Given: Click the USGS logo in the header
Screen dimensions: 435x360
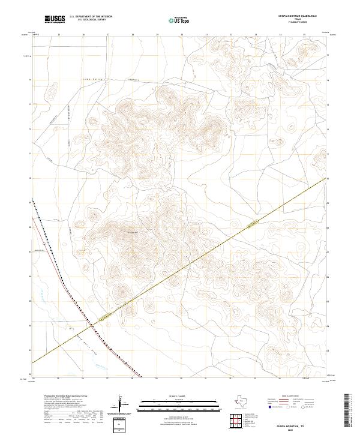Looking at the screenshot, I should coord(55,19).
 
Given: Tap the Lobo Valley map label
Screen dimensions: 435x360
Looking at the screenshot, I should coord(89,79).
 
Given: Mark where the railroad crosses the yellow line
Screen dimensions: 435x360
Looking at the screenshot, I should coord(92,326).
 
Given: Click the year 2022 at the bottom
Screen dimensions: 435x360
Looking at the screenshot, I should coord(292,430).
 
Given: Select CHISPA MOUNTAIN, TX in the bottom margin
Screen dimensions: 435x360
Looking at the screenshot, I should coord(292,425).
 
